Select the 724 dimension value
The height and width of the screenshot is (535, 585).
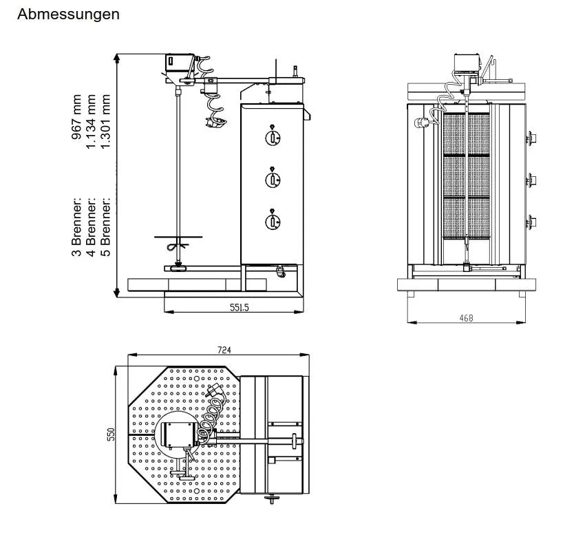coord(224,350)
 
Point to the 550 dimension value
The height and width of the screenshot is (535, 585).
coord(119,435)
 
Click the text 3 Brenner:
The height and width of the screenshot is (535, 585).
coord(76,226)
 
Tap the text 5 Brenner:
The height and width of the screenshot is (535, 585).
coord(105,226)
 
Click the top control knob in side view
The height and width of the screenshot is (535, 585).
coord(273,138)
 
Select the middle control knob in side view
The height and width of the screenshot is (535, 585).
coord(273,179)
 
